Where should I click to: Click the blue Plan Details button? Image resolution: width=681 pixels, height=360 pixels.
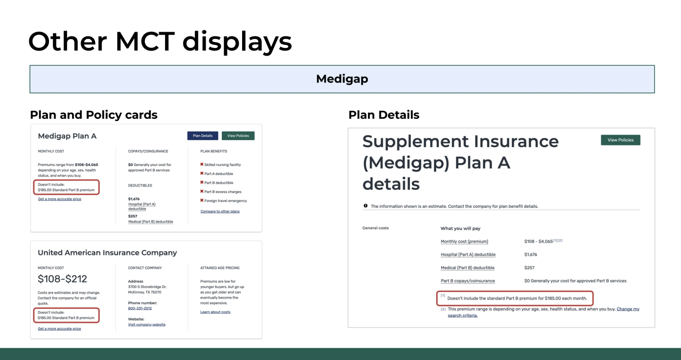(x=203, y=136)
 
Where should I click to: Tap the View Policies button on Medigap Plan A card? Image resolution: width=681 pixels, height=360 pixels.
(x=238, y=136)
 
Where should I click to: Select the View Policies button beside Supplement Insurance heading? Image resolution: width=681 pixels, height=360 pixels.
(x=620, y=140)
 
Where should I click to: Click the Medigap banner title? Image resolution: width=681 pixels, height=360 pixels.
(x=342, y=79)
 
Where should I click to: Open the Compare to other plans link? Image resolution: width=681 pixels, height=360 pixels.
(x=220, y=211)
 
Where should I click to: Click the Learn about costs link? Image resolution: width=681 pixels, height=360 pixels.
(x=215, y=312)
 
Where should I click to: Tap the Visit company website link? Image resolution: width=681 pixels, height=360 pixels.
(x=147, y=324)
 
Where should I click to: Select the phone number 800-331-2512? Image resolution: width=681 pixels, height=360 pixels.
(x=140, y=308)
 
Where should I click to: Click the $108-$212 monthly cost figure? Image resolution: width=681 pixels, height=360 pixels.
(x=62, y=279)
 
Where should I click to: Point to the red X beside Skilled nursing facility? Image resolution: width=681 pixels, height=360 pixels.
(x=202, y=164)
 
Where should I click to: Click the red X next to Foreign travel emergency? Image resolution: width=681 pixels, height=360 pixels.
(x=202, y=200)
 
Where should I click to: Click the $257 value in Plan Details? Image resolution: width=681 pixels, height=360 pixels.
(x=529, y=268)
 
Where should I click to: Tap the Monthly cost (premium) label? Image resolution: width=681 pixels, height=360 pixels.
(x=464, y=242)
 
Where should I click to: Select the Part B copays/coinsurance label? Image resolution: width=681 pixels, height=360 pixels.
(x=468, y=281)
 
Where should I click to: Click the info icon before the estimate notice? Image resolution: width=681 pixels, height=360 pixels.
(x=366, y=206)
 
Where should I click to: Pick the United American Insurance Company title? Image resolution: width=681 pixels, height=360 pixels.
(x=107, y=253)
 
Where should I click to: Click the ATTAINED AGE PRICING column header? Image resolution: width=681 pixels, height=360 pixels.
(x=220, y=268)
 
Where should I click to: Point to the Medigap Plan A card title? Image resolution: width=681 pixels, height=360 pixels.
(x=67, y=136)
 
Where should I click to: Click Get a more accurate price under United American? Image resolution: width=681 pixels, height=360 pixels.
(x=59, y=329)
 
